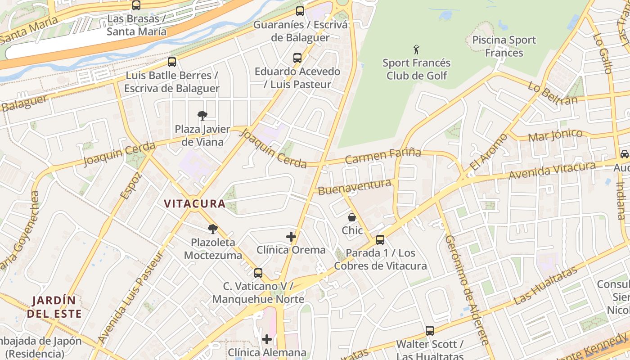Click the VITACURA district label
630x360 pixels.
pyautogui.click(x=194, y=204)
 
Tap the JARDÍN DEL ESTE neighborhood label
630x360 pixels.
pyautogui.click(x=54, y=307)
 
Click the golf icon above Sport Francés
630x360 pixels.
pyautogui.click(x=417, y=49)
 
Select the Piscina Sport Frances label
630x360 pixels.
pyautogui.click(x=504, y=46)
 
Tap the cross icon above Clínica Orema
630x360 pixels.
pyautogui.click(x=291, y=236)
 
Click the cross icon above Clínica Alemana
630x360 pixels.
pyautogui.click(x=267, y=339)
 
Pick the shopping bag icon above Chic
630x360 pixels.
pyautogui.click(x=352, y=217)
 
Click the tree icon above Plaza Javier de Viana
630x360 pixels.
pyautogui.click(x=202, y=116)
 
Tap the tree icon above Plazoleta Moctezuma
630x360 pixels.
pyautogui.click(x=213, y=229)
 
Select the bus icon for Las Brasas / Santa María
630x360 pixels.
pyautogui.click(x=136, y=5)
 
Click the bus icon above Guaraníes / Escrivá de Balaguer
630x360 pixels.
pyautogui.click(x=300, y=11)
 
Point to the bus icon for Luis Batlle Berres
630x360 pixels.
pyautogui.click(x=172, y=62)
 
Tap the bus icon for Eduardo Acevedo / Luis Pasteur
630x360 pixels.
pyautogui.click(x=297, y=58)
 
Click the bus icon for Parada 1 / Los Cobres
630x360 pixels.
pyautogui.click(x=380, y=239)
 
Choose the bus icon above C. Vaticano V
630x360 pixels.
pyautogui.click(x=258, y=273)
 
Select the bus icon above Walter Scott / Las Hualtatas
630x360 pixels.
pyautogui.click(x=430, y=331)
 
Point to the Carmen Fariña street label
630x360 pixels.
pyautogui.click(x=383, y=156)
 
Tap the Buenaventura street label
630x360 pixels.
pyautogui.click(x=355, y=187)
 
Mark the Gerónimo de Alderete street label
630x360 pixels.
pyautogui.click(x=467, y=290)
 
